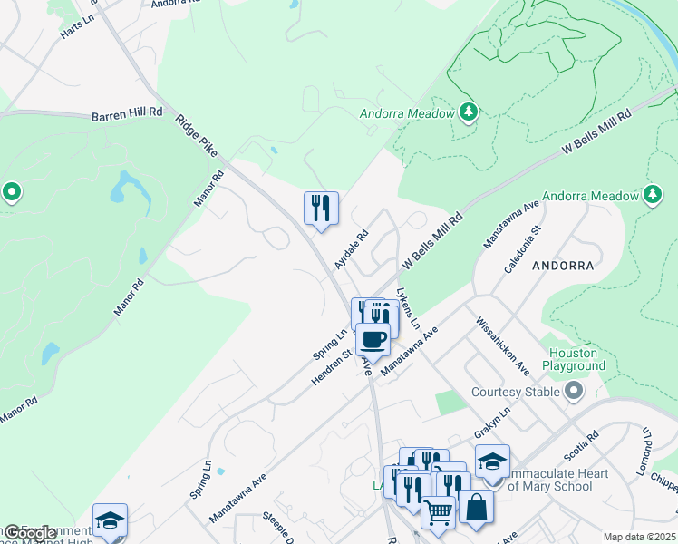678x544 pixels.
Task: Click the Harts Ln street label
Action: click(77, 26)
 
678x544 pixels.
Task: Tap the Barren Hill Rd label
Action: click(127, 115)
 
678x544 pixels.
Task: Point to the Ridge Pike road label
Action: click(197, 135)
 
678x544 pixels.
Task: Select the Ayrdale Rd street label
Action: click(351, 248)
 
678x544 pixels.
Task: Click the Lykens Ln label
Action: click(408, 310)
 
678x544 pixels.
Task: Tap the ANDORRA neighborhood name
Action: click(562, 267)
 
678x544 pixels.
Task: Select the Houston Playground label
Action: click(574, 359)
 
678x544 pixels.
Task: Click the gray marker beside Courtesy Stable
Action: click(573, 392)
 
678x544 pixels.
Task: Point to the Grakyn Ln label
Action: click(498, 423)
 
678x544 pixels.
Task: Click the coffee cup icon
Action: click(373, 341)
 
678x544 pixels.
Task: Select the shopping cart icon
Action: click(439, 512)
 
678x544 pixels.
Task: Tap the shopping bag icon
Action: click(475, 507)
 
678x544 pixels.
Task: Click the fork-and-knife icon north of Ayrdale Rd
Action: click(321, 209)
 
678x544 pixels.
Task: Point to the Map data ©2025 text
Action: click(639, 537)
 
